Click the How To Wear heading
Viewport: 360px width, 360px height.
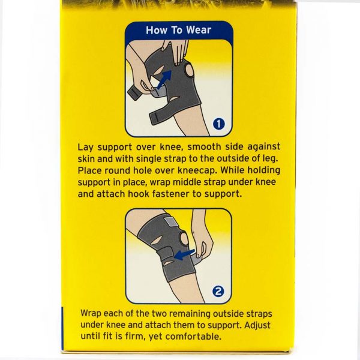pyautogui.click(x=178, y=30)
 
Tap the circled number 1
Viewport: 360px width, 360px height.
pyautogui.click(x=218, y=124)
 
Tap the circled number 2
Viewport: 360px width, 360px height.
pyautogui.click(x=218, y=292)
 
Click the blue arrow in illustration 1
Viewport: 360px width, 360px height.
pyautogui.click(x=164, y=79)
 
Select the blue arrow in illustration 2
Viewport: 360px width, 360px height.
pyautogui.click(x=184, y=254)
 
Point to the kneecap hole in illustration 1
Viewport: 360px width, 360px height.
pyautogui.click(x=190, y=70)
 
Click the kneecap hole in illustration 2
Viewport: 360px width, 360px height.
pyautogui.click(x=184, y=239)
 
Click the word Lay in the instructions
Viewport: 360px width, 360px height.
pyautogui.click(x=85, y=148)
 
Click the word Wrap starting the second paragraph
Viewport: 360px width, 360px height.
pyautogui.click(x=91, y=314)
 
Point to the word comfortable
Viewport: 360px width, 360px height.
pyautogui.click(x=193, y=337)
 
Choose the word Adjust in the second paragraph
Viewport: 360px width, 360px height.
pyautogui.click(x=257, y=326)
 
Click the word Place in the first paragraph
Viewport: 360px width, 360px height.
pyautogui.click(x=89, y=170)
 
